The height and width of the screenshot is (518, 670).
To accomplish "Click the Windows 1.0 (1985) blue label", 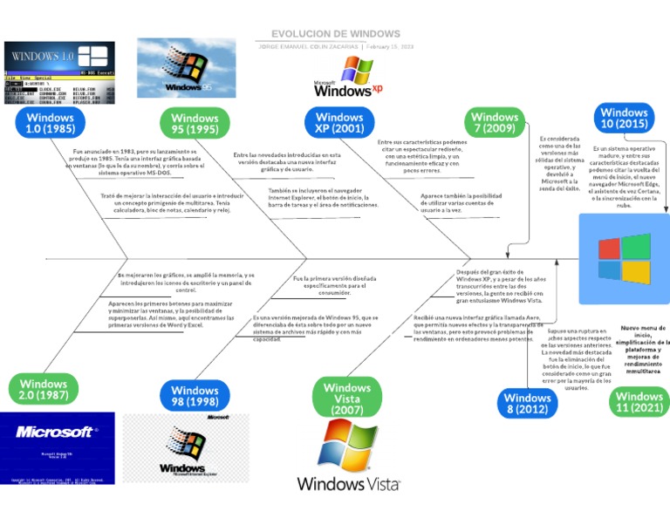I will point(50,123).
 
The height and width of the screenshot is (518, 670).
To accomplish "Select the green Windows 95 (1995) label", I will point(195,124).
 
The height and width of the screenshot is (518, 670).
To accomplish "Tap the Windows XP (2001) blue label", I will point(339,123).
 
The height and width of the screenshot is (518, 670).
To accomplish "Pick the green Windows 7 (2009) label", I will point(495,123).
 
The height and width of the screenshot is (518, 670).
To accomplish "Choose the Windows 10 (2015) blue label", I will point(624,118).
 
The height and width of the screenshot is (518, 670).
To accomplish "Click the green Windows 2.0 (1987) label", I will point(44,389).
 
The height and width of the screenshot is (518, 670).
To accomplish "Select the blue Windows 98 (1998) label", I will point(195,397).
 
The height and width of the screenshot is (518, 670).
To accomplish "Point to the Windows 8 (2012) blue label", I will point(529,402).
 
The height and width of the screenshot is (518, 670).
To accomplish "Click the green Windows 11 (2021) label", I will point(639,401).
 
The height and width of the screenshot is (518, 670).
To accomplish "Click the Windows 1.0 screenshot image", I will point(60,72).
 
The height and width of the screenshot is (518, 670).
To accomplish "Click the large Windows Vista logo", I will point(348,456).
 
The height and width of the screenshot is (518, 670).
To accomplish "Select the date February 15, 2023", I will point(390,46).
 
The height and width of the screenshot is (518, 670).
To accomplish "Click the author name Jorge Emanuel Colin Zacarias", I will point(309,46).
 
